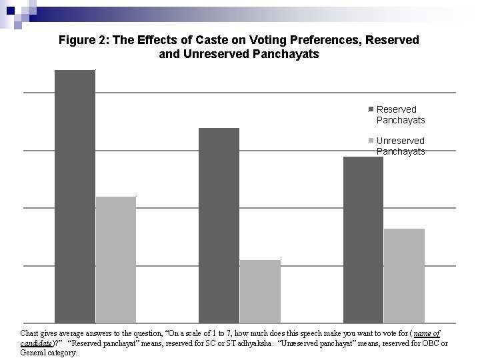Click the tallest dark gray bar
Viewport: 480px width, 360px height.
75,197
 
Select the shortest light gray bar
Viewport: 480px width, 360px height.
260,291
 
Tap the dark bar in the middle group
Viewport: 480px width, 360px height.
219,225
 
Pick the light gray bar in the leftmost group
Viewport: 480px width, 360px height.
116,260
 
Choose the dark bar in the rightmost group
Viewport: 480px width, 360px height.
363,240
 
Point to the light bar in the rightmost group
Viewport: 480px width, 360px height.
404,276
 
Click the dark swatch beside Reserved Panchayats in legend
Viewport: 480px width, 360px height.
371,109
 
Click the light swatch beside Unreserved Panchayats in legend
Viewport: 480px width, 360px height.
371,141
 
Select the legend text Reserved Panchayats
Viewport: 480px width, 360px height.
400,115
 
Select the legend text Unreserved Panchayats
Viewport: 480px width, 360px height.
400,146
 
